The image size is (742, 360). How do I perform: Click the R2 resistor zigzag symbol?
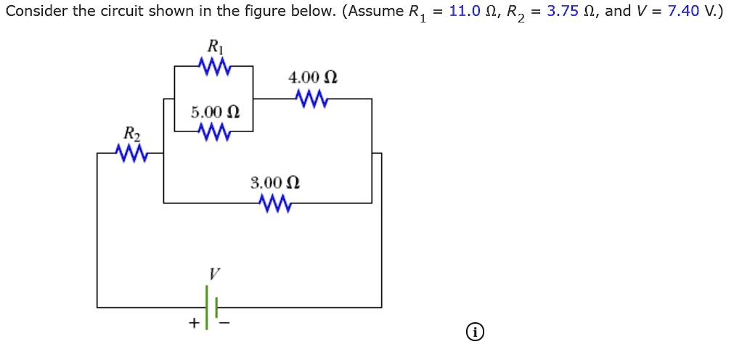point(131,153)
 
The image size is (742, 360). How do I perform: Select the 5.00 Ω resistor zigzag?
point(214,132)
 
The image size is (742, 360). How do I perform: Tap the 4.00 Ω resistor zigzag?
point(312,99)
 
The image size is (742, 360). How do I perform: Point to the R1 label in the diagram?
point(215,46)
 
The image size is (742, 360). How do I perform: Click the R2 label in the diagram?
point(131,134)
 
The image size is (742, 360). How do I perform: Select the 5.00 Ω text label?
point(215,112)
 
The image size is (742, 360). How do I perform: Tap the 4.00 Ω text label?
point(313,77)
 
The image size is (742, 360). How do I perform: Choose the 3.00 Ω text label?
point(275,182)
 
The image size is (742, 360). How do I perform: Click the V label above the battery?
point(213,274)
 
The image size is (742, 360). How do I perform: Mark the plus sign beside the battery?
point(194,323)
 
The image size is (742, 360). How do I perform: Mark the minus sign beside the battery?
point(224,323)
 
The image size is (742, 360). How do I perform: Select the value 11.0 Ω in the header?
point(473,12)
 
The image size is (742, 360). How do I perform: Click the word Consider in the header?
point(33,12)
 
